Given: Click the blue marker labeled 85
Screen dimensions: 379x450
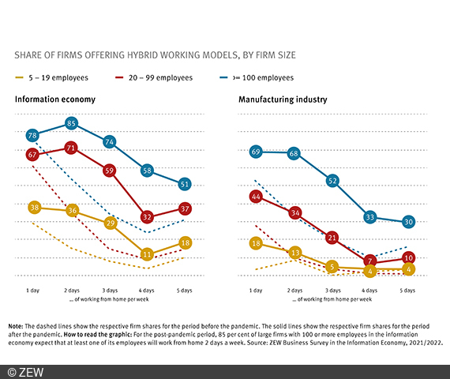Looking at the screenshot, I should (x=71, y=123).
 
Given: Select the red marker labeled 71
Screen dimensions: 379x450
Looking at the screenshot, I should (x=71, y=148).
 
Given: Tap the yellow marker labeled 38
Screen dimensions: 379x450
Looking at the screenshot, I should (x=33, y=208).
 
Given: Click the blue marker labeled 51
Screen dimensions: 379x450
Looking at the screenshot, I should (x=184, y=184).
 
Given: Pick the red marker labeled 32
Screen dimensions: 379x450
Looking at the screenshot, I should (x=146, y=216).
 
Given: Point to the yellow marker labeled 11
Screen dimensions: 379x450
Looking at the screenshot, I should (x=146, y=254).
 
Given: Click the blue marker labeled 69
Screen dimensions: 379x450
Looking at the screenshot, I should (x=256, y=151).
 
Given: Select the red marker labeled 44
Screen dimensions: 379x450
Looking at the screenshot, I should (x=256, y=196).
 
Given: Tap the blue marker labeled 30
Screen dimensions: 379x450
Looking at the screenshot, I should (x=407, y=222).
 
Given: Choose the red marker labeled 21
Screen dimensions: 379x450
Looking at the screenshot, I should (x=332, y=237).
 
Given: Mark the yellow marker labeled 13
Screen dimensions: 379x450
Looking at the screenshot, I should (x=294, y=253).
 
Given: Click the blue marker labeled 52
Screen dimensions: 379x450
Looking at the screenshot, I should (x=332, y=181).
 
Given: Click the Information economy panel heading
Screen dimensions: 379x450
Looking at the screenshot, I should (x=54, y=100).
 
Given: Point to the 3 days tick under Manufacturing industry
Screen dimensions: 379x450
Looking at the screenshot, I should (x=332, y=291).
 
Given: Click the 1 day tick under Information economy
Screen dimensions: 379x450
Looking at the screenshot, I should (x=33, y=291).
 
